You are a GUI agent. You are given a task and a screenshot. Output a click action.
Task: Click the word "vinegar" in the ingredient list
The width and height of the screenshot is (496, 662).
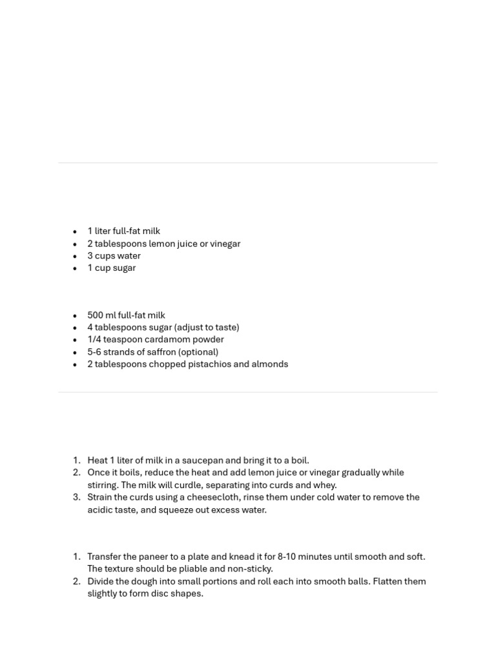click(x=225, y=244)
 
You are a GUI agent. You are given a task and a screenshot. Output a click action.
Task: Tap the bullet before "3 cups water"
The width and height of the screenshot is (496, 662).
click(x=75, y=256)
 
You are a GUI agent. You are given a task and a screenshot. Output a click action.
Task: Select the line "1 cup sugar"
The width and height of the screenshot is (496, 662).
click(x=112, y=268)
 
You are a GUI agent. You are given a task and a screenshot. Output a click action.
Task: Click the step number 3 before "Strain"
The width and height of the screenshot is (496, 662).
click(x=76, y=497)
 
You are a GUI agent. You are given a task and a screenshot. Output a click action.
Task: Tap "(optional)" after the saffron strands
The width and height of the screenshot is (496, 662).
click(x=198, y=352)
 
